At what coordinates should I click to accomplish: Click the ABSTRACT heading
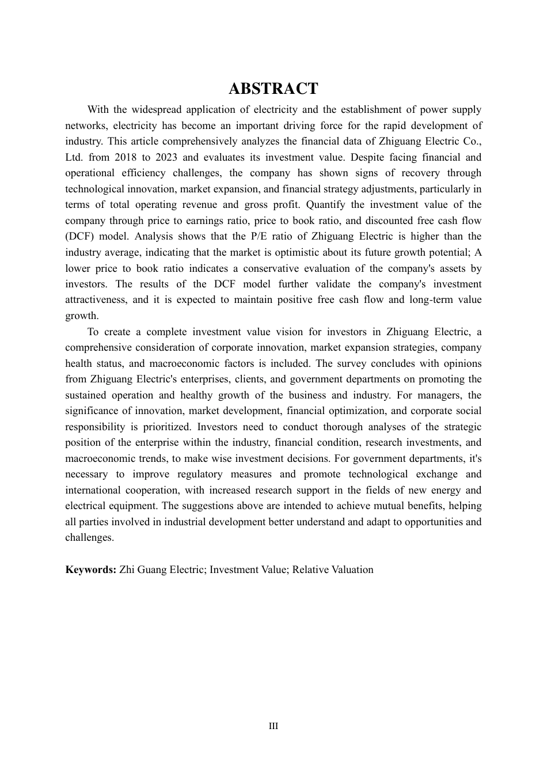click(273, 89)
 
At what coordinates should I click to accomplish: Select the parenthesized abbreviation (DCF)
click(78, 236)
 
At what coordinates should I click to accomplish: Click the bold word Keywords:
click(91, 570)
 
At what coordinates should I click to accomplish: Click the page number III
click(273, 726)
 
